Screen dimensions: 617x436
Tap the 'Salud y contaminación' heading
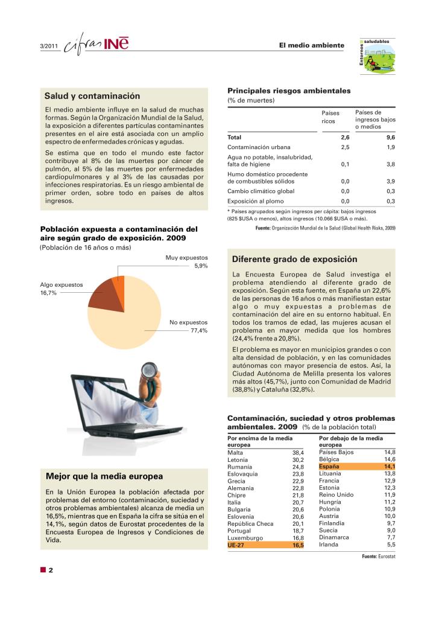pyautogui.click(x=92, y=96)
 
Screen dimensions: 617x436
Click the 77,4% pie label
pyautogui.click(x=199, y=331)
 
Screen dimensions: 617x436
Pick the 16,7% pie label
pyautogui.click(x=48, y=293)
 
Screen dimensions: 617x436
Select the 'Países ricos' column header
pyautogui.click(x=330, y=117)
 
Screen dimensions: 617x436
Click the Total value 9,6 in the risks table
pyautogui.click(x=390, y=137)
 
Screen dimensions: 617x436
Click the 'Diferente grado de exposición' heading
pyautogui.click(x=294, y=260)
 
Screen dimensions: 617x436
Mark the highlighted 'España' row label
pyautogui.click(x=329, y=467)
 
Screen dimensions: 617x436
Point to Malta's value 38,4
pyautogui.click(x=298, y=452)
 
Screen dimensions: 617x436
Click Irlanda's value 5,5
pyautogui.click(x=391, y=545)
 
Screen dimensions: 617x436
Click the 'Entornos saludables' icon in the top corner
pyautogui.click(x=379, y=57)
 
